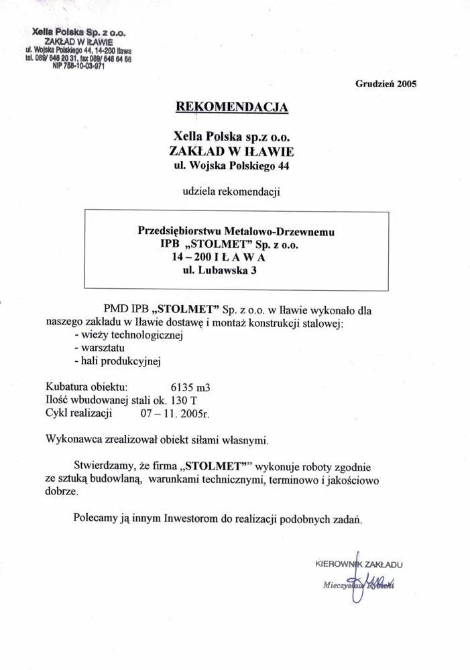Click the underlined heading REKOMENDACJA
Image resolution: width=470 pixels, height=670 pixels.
tap(231, 107)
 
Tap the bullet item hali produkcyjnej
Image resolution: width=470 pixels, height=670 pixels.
tap(118, 362)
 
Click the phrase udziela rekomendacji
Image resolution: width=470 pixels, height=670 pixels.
tap(231, 192)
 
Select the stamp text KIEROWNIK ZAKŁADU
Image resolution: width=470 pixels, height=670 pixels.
tap(359, 564)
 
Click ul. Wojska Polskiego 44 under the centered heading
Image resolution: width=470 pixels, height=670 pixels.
tap(231, 162)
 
